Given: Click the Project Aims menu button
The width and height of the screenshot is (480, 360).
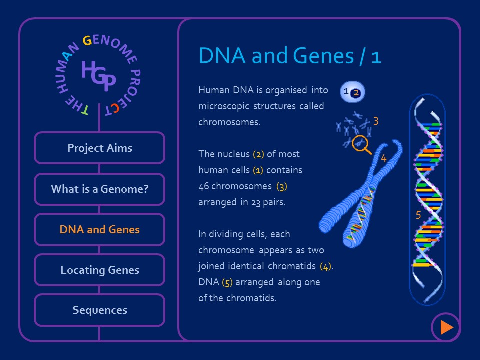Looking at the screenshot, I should point(99,148).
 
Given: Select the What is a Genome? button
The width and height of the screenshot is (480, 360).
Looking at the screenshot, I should point(99,189).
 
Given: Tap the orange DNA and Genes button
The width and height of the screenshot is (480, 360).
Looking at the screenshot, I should point(99,230).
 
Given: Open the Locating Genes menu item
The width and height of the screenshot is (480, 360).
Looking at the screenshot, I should point(99,270).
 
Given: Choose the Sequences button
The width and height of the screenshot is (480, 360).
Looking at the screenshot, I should point(99,310).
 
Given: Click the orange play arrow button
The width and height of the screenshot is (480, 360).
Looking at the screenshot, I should point(446,327).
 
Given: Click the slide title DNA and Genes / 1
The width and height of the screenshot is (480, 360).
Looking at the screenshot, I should point(290,56).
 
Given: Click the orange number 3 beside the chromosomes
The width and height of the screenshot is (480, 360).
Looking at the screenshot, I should point(376,121).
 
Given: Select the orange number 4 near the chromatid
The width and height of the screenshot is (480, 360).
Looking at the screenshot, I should point(383,159).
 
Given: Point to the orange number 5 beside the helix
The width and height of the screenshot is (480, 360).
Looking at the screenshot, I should point(418,215).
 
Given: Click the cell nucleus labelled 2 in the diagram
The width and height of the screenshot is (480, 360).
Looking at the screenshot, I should point(356,92).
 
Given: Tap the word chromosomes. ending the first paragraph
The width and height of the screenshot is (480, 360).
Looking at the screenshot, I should point(229,122).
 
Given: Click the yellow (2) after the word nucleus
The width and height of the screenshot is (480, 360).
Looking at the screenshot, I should point(258,154).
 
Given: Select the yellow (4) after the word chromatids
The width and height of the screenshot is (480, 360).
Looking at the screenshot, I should point(326,266).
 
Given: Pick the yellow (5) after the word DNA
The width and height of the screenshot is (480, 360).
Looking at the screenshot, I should point(227,282).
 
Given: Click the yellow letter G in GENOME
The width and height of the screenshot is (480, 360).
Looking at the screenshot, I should point(87,41).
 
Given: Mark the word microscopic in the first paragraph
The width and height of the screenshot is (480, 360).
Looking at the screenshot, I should point(220,106).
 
